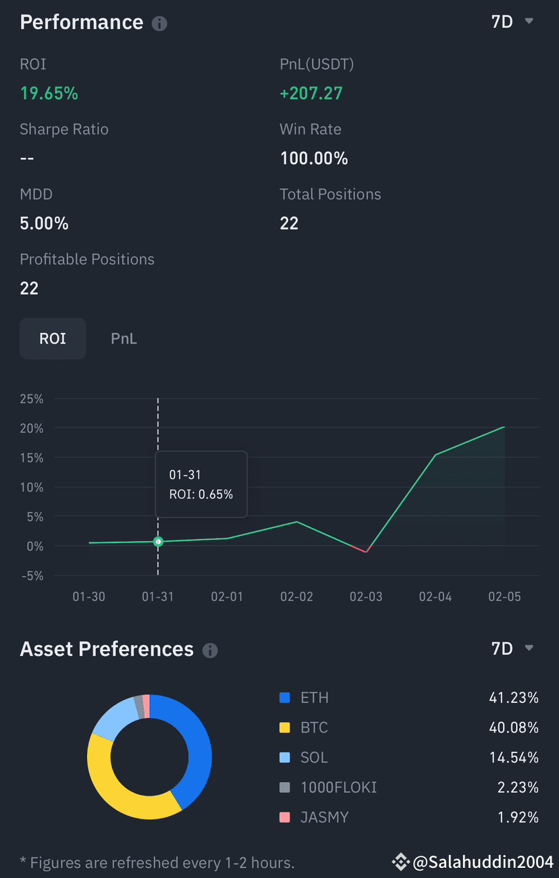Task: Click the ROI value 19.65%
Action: pyautogui.click(x=49, y=93)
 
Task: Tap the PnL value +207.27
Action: pyautogui.click(x=311, y=93)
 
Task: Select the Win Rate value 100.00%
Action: pyautogui.click(x=314, y=159)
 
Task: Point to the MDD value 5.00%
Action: pyautogui.click(x=44, y=224)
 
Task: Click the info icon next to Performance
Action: pyautogui.click(x=159, y=24)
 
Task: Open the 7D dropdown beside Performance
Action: pyautogui.click(x=512, y=22)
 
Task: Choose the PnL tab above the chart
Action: pyautogui.click(x=124, y=338)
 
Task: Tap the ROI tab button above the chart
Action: pyautogui.click(x=53, y=338)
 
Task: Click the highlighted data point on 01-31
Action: pyautogui.click(x=158, y=542)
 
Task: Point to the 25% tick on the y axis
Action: pyautogui.click(x=31, y=398)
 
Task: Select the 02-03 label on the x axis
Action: pyautogui.click(x=367, y=597)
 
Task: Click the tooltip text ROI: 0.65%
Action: pyautogui.click(x=201, y=494)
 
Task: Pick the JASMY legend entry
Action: pyautogui.click(x=324, y=817)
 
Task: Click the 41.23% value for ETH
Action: pyautogui.click(x=514, y=698)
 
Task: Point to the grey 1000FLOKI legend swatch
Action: pyautogui.click(x=285, y=787)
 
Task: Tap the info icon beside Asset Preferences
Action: pyautogui.click(x=211, y=650)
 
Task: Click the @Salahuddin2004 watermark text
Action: pyautogui.click(x=483, y=862)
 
